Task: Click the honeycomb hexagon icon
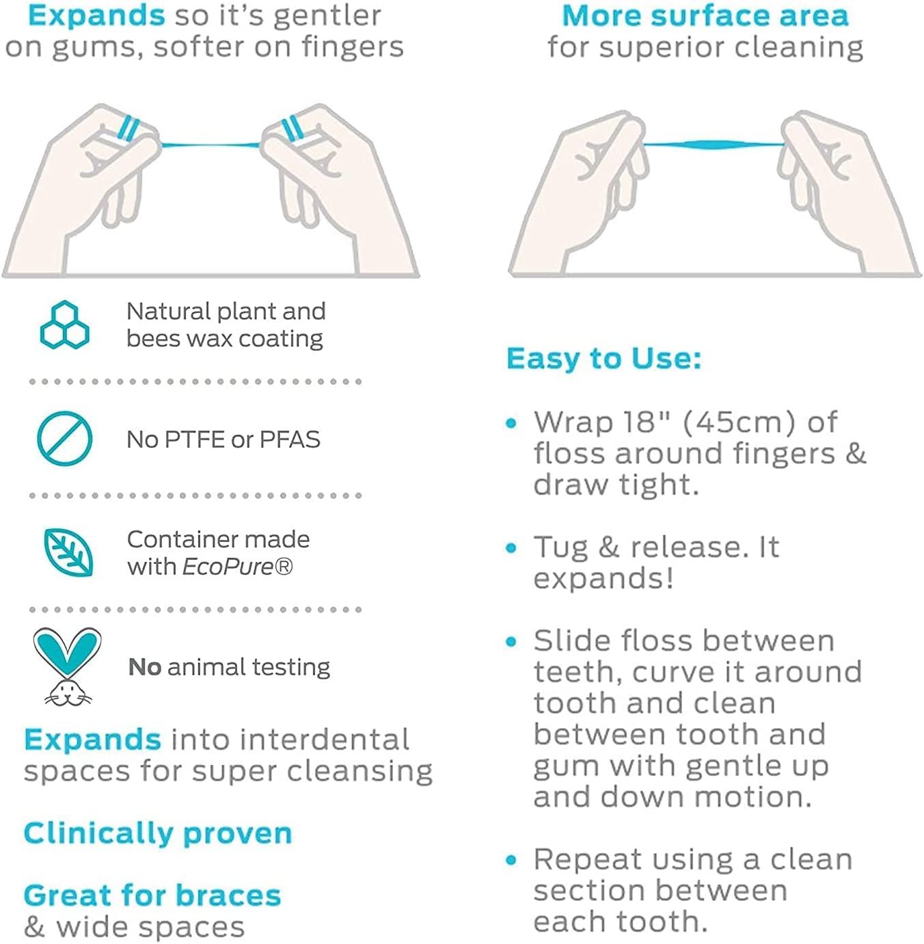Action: [64, 325]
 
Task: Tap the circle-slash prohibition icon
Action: [64, 438]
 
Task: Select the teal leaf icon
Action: [68, 552]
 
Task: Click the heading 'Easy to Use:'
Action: [603, 358]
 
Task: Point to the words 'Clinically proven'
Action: [158, 833]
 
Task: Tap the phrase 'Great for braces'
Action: [152, 895]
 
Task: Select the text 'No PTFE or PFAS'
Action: [223, 440]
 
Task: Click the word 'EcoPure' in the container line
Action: [228, 567]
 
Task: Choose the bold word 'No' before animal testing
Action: [144, 666]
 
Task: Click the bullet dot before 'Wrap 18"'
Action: [511, 423]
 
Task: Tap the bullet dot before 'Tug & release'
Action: [511, 548]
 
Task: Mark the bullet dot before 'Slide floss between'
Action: [511, 642]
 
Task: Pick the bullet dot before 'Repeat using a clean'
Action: [511, 860]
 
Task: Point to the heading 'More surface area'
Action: [705, 16]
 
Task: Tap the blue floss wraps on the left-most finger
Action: [128, 128]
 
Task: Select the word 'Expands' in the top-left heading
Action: [96, 16]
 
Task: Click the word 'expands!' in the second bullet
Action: [603, 578]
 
